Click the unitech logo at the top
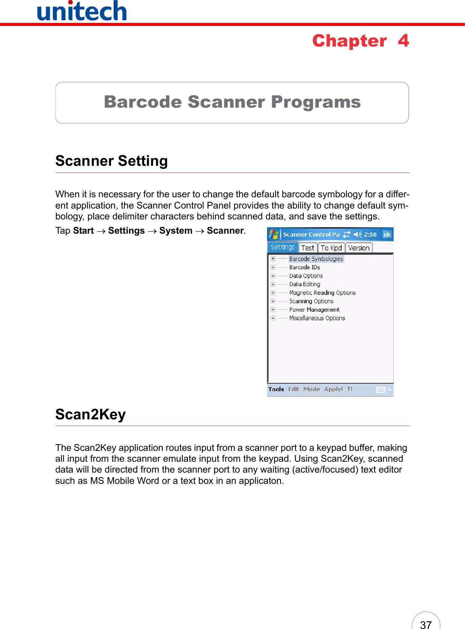[x=82, y=11]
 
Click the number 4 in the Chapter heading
[x=403, y=41]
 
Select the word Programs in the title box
[x=316, y=102]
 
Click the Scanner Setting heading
[x=111, y=161]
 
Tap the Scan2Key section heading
[x=90, y=414]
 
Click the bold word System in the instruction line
[x=175, y=231]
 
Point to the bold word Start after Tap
[x=83, y=231]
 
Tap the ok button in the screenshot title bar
[x=387, y=234]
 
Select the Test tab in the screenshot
[x=307, y=248]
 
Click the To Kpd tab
[x=331, y=248]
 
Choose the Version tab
[x=358, y=248]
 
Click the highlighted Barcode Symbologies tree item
[x=316, y=259]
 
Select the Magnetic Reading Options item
[x=322, y=293]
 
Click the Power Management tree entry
[x=314, y=310]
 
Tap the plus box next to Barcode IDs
[x=273, y=267]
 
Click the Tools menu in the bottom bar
[x=276, y=389]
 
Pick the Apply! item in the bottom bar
[x=333, y=389]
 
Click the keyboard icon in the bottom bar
[x=380, y=390]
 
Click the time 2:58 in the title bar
[x=370, y=234]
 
